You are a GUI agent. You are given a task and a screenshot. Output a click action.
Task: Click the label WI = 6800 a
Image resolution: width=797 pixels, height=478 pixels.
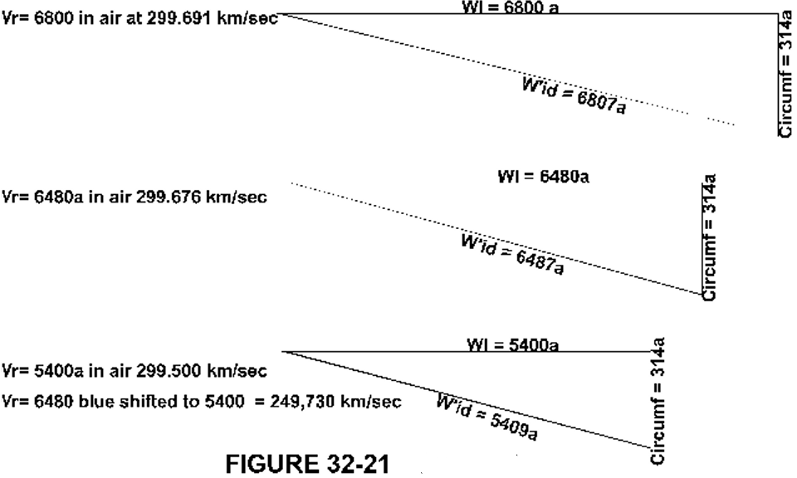coord(510,7)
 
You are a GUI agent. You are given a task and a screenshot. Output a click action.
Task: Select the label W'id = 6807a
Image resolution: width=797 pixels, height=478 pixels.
coord(574,95)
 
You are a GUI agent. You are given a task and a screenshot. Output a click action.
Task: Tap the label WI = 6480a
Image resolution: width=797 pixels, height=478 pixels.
coord(543,176)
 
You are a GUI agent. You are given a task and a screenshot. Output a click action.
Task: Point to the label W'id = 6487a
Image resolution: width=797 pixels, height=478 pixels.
coord(512,255)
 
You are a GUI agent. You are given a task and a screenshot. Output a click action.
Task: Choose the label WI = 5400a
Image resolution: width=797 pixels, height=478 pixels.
coord(513,345)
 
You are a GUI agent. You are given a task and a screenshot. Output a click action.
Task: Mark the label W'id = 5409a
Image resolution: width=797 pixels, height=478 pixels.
coord(487,417)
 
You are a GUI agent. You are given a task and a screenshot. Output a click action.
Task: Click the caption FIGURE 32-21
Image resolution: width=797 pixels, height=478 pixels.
coord(307,463)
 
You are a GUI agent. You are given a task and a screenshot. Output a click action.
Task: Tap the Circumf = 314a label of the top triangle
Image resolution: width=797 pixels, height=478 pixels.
coord(785,76)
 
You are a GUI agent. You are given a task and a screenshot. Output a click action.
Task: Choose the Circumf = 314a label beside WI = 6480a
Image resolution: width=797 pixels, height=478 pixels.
coord(709,237)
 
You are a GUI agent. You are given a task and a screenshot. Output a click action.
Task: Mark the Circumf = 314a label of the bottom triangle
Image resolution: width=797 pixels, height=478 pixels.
coord(658,401)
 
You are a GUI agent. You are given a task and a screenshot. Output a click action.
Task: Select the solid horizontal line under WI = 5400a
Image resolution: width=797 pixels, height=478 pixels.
coord(467,352)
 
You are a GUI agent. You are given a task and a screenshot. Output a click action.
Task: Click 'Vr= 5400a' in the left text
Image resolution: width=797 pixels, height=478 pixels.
coord(42,371)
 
